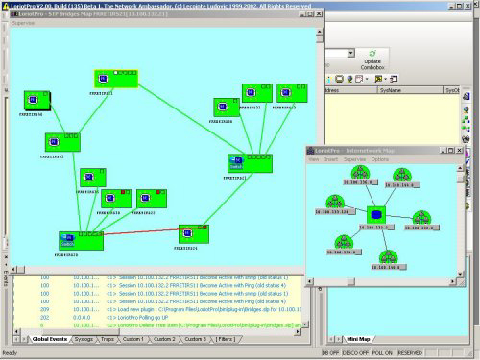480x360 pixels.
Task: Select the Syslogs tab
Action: pos(84,339)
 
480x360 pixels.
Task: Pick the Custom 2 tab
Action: pos(165,339)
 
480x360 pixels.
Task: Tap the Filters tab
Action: pos(227,339)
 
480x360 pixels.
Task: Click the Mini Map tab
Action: pos(358,339)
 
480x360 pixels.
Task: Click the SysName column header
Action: pos(392,90)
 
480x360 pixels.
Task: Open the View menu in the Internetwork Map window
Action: pos(313,160)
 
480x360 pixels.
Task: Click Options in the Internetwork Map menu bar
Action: pos(380,160)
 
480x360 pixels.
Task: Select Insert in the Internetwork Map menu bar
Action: pos(330,160)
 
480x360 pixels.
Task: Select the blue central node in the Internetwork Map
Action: pos(376,215)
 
